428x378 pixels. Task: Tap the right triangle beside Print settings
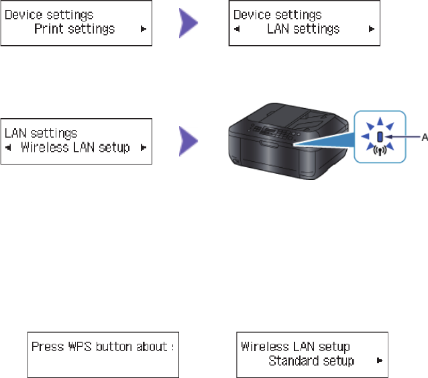[142, 30]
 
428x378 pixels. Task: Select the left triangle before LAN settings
[237, 30]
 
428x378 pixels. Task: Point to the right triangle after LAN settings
[370, 30]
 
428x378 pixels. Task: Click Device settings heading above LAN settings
[277, 15]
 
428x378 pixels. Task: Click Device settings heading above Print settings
[48, 14]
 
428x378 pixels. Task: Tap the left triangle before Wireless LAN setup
[9, 148]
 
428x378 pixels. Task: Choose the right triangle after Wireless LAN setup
[142, 148]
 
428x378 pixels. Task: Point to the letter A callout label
[424, 137]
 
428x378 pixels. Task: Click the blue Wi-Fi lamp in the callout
[380, 137]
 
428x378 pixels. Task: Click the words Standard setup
[311, 361]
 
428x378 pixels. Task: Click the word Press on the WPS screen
[47, 347]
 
